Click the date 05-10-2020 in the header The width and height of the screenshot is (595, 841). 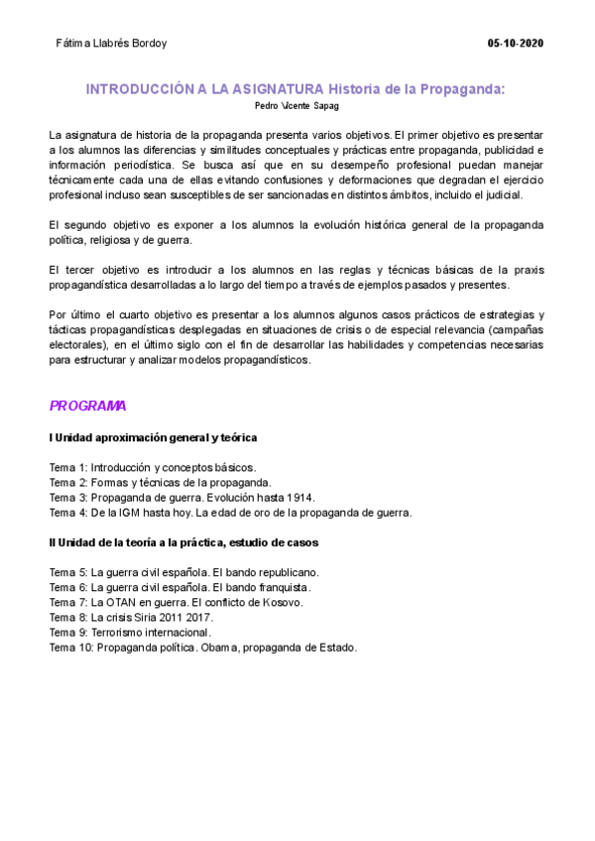[x=516, y=45]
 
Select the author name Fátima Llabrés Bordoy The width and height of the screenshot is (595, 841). [x=112, y=45]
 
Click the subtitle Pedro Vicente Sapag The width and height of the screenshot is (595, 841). [x=296, y=105]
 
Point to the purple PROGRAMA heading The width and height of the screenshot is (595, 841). [x=87, y=406]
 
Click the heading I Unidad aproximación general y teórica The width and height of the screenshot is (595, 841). [x=154, y=437]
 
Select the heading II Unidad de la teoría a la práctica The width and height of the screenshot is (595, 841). [x=183, y=543]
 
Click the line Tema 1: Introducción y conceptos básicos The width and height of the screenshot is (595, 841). [x=153, y=466]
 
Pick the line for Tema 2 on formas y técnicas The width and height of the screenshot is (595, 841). [x=160, y=482]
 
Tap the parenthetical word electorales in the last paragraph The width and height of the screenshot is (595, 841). [x=78, y=344]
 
